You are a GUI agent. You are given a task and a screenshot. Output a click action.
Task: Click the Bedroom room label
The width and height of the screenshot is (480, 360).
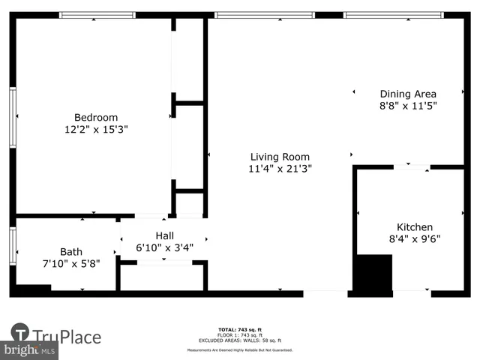click(x=95, y=117)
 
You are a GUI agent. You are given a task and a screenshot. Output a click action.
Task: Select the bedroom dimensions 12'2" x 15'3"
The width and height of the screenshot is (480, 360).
click(x=95, y=129)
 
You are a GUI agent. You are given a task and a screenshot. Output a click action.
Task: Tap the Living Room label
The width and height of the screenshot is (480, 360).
click(x=280, y=157)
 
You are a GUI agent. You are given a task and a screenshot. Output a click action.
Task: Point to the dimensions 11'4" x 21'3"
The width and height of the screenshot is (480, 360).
click(x=280, y=169)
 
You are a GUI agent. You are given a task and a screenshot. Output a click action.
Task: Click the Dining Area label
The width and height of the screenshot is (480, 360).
click(x=408, y=94)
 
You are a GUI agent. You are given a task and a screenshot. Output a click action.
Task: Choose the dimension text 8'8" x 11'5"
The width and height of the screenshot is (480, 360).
click(x=408, y=106)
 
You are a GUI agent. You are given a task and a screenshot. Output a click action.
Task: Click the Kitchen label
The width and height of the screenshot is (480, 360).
click(x=414, y=227)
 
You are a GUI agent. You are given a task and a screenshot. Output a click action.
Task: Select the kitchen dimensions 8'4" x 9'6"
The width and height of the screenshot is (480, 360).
click(x=414, y=239)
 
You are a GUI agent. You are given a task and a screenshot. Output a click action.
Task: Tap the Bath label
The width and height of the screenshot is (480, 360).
click(x=71, y=251)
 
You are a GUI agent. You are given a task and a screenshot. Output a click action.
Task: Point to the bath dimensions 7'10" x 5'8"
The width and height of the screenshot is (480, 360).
click(x=71, y=264)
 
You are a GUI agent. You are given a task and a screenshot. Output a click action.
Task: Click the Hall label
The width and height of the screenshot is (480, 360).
click(x=164, y=235)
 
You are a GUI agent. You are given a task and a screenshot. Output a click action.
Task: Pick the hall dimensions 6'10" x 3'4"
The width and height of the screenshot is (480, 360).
click(x=164, y=247)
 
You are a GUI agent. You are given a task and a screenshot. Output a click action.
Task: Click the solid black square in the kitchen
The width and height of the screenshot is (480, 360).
click(x=373, y=273)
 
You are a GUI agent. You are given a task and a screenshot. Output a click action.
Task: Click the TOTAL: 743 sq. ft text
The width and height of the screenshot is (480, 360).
click(x=239, y=330)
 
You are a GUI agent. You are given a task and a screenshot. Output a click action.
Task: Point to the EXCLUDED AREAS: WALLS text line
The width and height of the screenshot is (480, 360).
click(x=239, y=340)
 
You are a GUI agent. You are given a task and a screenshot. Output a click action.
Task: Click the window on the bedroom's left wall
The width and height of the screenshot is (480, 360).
click(x=13, y=116)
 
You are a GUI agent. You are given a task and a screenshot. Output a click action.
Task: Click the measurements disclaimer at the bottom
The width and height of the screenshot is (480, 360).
click(x=239, y=349)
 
